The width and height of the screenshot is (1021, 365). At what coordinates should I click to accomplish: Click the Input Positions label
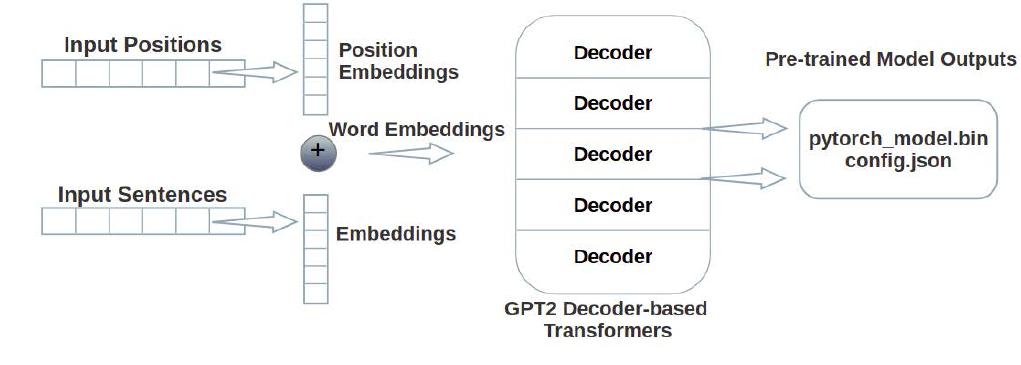point(142,45)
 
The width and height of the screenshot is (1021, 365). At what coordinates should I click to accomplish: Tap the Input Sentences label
point(142,194)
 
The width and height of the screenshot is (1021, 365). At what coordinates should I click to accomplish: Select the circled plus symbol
point(318,153)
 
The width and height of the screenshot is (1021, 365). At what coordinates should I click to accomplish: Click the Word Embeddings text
point(416,129)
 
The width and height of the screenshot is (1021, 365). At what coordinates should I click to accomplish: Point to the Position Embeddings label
point(398,61)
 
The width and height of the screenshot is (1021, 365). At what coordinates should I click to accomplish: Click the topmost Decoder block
point(612,53)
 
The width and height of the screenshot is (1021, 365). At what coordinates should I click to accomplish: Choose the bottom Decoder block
point(612,257)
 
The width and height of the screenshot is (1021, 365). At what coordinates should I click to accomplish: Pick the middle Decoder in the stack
point(612,155)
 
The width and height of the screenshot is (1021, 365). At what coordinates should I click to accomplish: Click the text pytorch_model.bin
point(897,139)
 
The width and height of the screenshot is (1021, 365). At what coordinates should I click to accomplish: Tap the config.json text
point(897,159)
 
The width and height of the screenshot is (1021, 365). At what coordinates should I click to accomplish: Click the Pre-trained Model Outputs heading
point(890,60)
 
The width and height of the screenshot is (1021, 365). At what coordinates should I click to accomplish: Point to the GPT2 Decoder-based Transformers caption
point(606,319)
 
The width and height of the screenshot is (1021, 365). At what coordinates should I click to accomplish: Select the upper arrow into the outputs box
point(747,128)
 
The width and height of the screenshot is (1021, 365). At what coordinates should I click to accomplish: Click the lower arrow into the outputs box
point(747,179)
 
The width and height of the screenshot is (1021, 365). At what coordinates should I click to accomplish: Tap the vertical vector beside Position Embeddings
point(315,60)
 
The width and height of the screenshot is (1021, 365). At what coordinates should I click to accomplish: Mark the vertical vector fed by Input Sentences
point(315,248)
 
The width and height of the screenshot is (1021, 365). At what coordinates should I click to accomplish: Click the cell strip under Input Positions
point(125,73)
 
